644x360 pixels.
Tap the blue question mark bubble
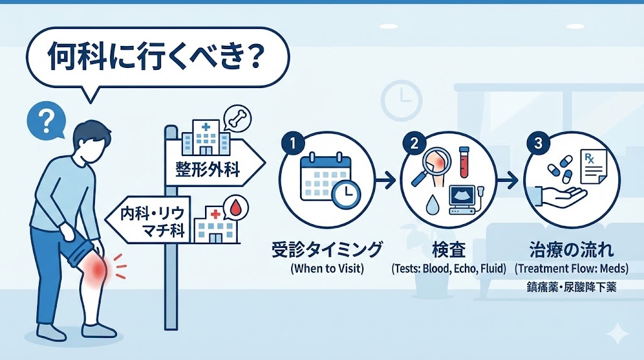pos(47,121)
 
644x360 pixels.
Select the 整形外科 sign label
pos(208,169)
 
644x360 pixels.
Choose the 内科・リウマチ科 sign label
pos(153,222)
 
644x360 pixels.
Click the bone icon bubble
pos(237,118)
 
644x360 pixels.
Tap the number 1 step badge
pos(293,143)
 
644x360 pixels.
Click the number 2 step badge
pos(414,143)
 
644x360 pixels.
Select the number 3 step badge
pos(538,143)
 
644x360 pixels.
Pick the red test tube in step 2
pos(464,163)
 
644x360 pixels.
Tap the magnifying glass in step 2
pos(431,167)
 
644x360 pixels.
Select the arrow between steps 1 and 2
pos(385,180)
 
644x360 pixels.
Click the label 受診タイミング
pos(327,249)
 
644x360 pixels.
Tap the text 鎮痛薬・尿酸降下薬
pos(571,286)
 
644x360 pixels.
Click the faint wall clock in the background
pos(402,101)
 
